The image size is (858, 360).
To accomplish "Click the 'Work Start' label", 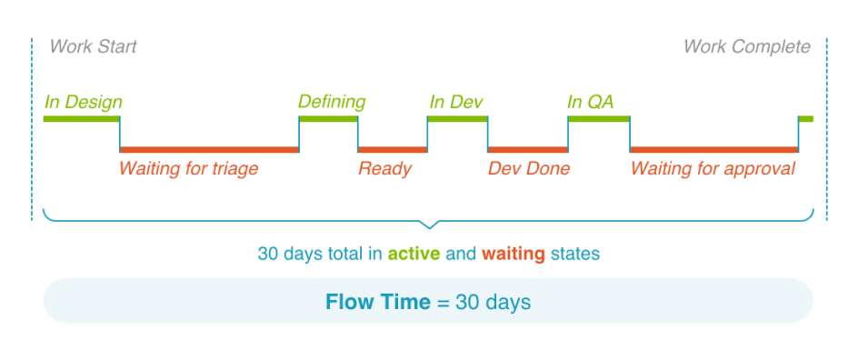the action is tap(93, 47).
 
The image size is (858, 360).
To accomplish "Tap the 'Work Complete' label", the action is tap(747, 47).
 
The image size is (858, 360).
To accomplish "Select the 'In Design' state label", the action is tap(84, 103).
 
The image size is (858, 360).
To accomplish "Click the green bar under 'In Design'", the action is tap(82, 119).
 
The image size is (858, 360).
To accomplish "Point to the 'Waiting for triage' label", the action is tap(189, 168).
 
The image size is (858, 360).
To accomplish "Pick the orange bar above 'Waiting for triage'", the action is tap(210, 149).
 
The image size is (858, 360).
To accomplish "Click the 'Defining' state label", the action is tap(332, 102).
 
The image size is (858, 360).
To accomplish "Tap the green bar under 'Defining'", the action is tap(328, 119).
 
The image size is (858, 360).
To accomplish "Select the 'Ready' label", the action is tap(384, 168).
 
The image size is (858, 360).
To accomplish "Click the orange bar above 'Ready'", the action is tap(393, 149).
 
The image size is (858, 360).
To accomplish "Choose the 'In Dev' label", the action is tap(456, 103).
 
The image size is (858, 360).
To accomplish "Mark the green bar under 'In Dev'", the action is tap(457, 119).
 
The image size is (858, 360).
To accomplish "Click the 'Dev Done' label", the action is tap(529, 168).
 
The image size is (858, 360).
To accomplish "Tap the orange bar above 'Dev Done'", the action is tap(527, 149).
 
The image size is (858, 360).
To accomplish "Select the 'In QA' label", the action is tap(591, 103).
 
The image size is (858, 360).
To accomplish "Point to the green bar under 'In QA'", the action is tap(599, 119).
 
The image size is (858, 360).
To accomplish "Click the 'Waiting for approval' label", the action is tap(713, 168).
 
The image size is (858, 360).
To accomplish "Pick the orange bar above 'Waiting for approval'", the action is tap(714, 149).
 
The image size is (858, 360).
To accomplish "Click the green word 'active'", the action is tap(414, 254).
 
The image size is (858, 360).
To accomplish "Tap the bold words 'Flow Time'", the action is tap(378, 302).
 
